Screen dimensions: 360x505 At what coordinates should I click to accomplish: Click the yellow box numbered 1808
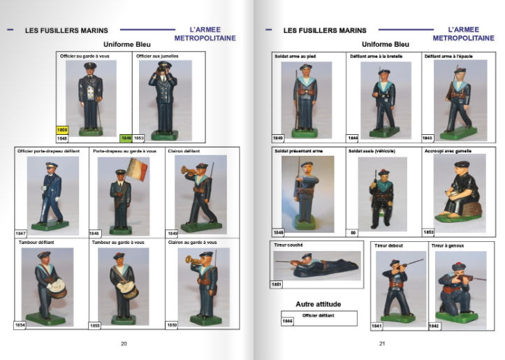62,130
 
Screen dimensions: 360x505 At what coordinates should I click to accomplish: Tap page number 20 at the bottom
124,343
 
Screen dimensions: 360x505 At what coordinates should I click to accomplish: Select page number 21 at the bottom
382,343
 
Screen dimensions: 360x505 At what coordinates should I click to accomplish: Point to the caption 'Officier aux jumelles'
153,55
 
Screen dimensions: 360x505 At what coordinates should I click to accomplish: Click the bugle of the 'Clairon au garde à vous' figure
192,260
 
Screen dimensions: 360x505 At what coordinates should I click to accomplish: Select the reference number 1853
138,138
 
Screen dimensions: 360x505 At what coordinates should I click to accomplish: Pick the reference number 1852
429,231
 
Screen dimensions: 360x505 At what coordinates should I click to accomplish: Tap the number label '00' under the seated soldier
353,231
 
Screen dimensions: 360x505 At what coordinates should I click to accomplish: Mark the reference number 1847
20,233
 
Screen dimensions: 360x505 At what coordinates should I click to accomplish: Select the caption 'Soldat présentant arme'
299,150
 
